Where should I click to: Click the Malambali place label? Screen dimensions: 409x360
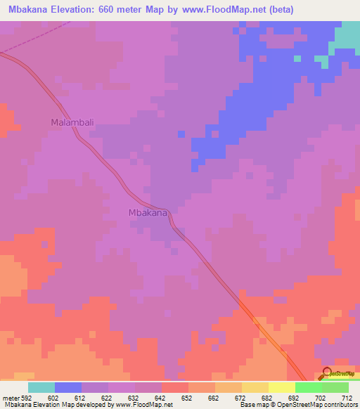(72, 122)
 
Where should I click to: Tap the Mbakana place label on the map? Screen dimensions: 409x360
(148, 212)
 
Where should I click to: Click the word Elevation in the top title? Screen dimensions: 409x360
(78, 10)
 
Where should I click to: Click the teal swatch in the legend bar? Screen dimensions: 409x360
(41, 387)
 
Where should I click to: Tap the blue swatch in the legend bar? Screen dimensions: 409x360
(68, 387)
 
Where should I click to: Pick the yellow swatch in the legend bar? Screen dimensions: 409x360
(281, 387)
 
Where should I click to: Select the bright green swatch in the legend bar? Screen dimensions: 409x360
(308, 387)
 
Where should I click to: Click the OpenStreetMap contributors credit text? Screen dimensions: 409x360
(313, 405)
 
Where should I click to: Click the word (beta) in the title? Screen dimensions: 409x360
(279, 10)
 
